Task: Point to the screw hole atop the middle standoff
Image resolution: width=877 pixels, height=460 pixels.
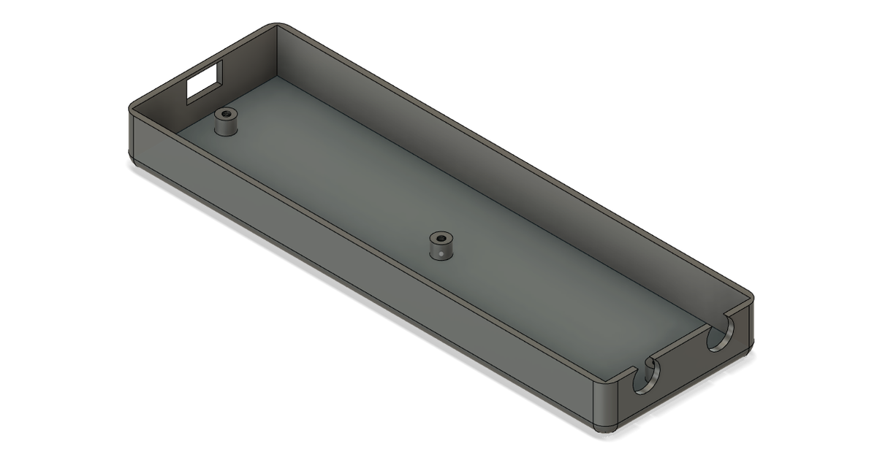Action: pyautogui.click(x=440, y=237)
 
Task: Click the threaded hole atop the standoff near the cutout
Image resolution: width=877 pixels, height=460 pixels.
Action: pyautogui.click(x=225, y=113)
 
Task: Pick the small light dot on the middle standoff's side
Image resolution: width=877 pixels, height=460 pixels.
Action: pyautogui.click(x=444, y=253)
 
